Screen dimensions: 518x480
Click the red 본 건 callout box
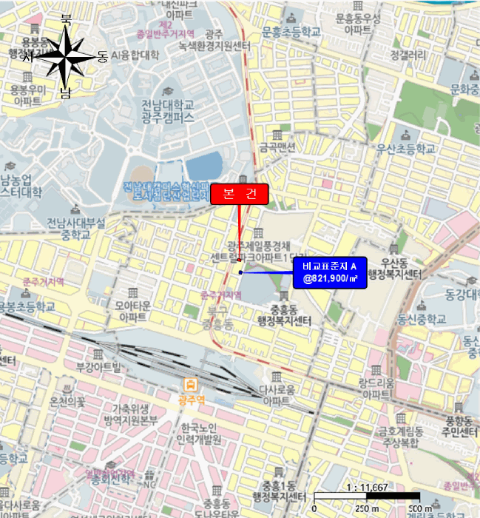click(240, 195)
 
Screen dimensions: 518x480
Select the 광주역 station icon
click(191, 384)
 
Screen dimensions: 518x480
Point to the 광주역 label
click(191, 399)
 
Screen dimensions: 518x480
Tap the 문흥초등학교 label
click(291, 32)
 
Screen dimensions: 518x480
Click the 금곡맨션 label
click(277, 147)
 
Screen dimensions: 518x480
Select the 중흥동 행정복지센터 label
click(281, 314)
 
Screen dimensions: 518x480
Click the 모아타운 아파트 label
click(132, 309)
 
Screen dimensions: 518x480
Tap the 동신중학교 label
click(422, 320)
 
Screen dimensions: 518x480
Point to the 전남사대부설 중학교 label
click(76, 228)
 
